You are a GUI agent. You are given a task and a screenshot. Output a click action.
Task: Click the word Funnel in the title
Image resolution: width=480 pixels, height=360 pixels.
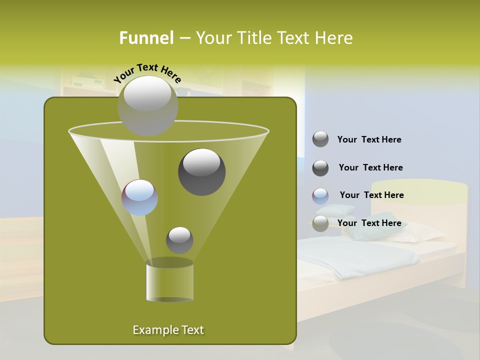(x=146, y=38)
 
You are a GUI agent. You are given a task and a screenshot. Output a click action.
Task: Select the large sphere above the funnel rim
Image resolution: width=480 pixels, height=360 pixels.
(x=147, y=105)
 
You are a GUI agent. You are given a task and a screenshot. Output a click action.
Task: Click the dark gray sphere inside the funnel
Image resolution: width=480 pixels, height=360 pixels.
(x=201, y=171)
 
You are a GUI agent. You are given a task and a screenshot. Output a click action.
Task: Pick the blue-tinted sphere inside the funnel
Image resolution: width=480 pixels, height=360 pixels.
(x=139, y=197)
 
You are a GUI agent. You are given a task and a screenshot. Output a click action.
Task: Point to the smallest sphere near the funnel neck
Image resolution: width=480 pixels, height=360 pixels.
(x=179, y=240)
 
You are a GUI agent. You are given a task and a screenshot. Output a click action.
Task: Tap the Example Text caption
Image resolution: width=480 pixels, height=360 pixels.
(x=168, y=330)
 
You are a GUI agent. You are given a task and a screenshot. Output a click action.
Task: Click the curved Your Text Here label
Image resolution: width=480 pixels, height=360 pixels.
(x=147, y=72)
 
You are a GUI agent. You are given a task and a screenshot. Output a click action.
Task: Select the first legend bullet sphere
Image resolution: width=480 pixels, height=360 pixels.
(x=320, y=139)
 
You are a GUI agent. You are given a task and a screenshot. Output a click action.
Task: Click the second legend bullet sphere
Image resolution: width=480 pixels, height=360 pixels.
(x=320, y=168)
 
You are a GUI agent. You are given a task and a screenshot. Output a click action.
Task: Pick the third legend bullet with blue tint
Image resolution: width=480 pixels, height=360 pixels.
(x=320, y=196)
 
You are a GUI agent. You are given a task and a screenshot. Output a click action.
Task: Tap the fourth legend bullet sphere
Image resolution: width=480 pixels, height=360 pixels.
(x=320, y=223)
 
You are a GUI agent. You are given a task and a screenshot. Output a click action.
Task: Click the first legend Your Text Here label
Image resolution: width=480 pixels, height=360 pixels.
(x=369, y=140)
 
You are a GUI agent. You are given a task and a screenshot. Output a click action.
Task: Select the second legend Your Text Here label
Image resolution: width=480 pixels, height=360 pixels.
(x=370, y=168)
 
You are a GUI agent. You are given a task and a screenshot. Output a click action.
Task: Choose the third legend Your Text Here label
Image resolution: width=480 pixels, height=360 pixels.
(x=371, y=195)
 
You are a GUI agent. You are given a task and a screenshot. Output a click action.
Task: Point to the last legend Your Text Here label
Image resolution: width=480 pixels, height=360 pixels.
(x=369, y=223)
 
